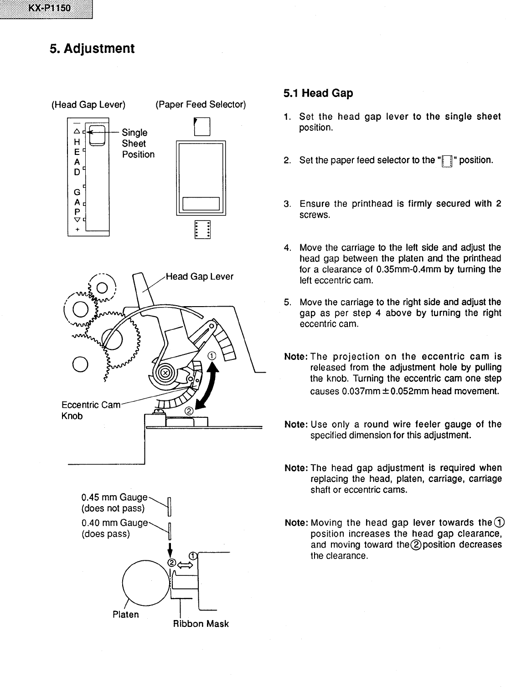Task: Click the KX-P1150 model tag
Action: tap(46, 9)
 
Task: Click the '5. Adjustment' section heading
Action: tap(92, 48)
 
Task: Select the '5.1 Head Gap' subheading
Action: tap(318, 93)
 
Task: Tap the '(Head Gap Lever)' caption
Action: tap(88, 105)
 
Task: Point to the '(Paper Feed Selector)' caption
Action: tap(200, 105)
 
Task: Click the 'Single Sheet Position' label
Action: tap(138, 144)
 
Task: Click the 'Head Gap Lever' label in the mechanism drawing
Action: tap(199, 277)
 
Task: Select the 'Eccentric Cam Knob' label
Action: tap(90, 410)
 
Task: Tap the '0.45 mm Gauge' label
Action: tap(114, 497)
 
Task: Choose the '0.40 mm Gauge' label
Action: tap(114, 523)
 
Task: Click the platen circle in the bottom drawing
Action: tap(145, 583)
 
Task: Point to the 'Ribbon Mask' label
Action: tap(201, 624)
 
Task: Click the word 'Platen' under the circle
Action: tap(125, 615)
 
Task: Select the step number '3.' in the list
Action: tap(287, 204)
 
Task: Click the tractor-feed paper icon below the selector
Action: tap(202, 229)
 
